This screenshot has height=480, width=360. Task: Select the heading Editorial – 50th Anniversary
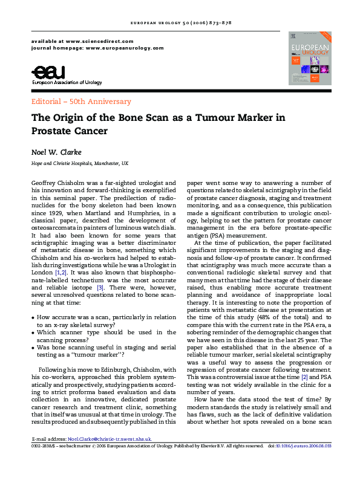[x=80, y=102]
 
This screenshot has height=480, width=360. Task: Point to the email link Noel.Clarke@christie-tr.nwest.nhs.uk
[x=110, y=439]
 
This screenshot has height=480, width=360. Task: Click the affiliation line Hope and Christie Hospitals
[x=79, y=164]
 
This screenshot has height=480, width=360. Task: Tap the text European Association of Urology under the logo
[x=67, y=82]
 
